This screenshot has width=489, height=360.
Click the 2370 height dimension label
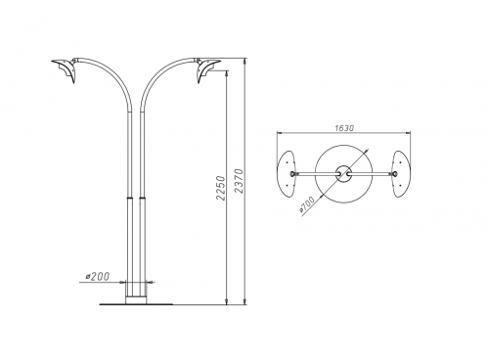click(x=240, y=181)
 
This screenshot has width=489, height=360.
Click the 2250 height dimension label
click(x=221, y=188)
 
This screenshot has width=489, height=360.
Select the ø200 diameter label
click(x=98, y=277)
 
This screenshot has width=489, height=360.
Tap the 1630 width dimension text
click(x=344, y=128)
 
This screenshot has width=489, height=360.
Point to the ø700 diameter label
click(x=307, y=204)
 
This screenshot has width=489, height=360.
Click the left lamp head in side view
click(x=65, y=69)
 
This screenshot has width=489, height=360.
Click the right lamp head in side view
click(x=208, y=69)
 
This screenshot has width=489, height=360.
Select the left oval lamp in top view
click(x=286, y=174)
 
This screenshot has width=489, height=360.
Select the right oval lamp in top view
click(x=402, y=174)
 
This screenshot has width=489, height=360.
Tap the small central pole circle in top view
click(x=343, y=174)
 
